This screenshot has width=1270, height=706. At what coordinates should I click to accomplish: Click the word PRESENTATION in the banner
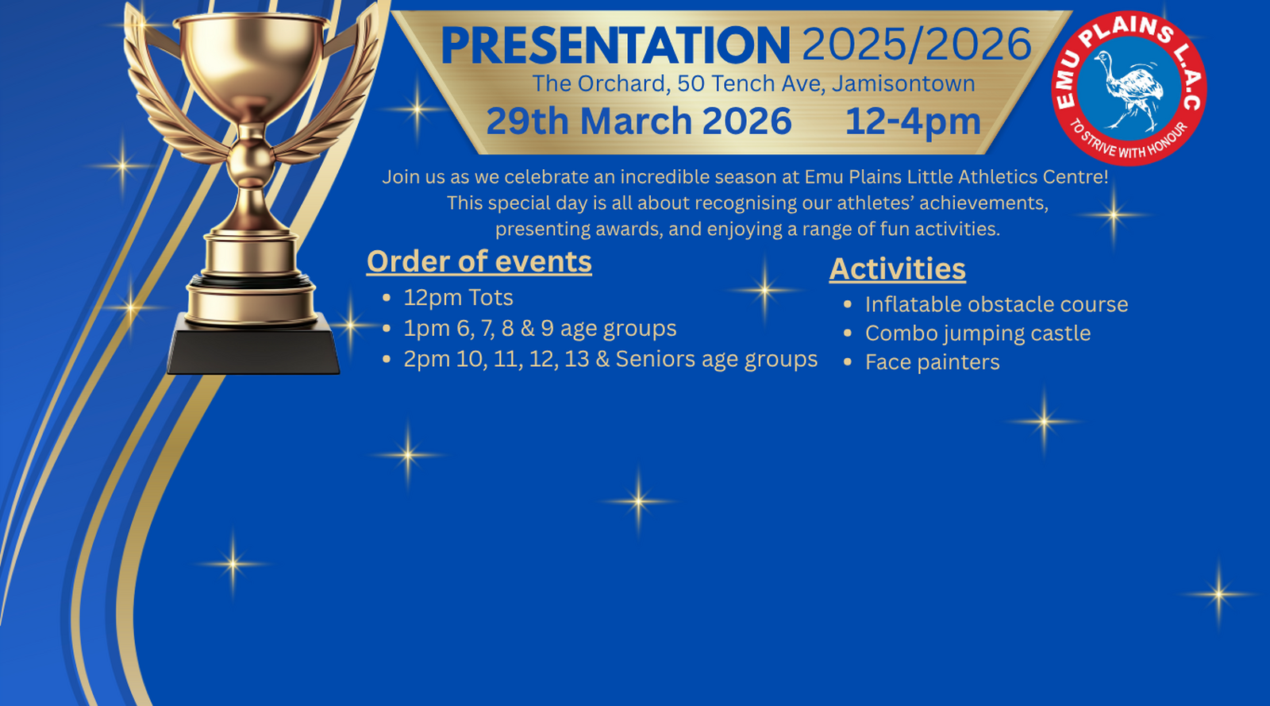tap(615, 45)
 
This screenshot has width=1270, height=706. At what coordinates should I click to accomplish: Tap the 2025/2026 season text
tap(917, 44)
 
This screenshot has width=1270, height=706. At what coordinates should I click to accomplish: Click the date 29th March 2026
tap(639, 121)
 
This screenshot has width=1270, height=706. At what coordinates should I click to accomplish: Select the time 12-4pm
tap(913, 122)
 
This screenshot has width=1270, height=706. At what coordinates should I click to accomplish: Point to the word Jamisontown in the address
tap(903, 84)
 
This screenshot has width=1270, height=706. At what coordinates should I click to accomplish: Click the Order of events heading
tap(479, 262)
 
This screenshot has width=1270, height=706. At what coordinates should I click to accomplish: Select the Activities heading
tap(898, 268)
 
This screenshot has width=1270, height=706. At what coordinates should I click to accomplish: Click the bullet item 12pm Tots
tap(458, 298)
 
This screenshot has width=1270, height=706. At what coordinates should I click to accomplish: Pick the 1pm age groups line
tap(540, 328)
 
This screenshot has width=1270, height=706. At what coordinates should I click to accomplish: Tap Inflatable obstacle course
tap(996, 304)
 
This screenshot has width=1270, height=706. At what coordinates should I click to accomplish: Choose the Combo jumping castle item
tap(977, 334)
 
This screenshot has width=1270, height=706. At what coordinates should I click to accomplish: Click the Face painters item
tap(932, 362)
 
